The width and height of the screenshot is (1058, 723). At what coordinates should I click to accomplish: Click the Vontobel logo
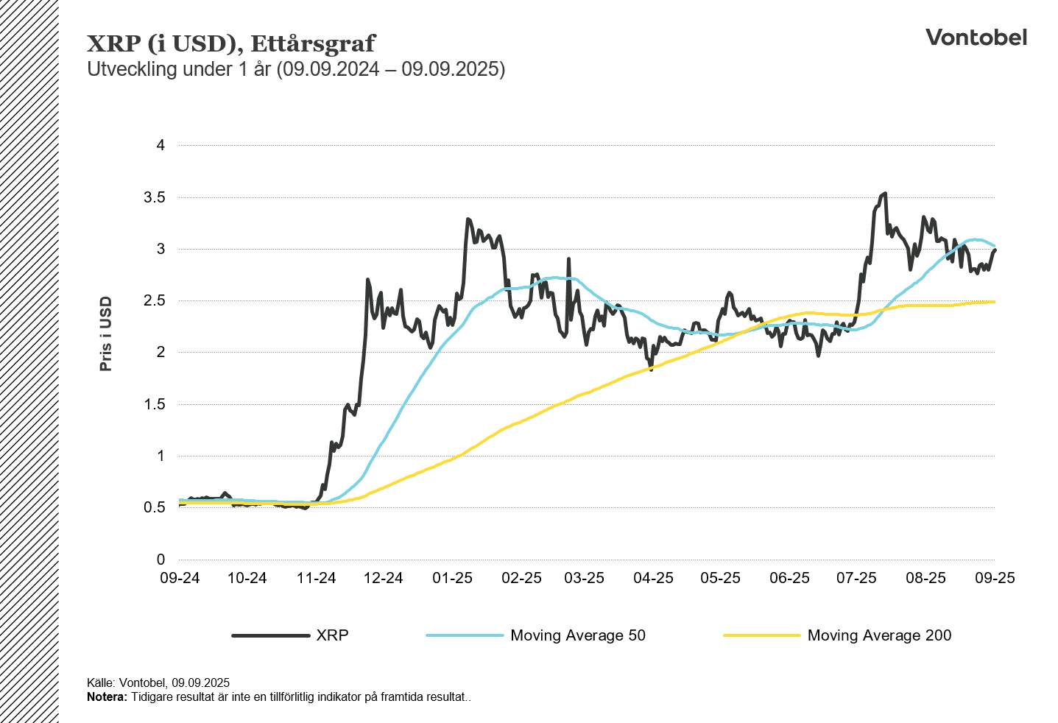(976, 38)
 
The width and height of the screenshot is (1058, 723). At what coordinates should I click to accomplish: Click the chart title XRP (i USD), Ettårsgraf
(231, 43)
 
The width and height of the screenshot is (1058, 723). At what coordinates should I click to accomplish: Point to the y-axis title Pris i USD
(106, 334)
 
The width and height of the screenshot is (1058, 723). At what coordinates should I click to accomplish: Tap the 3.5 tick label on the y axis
(155, 197)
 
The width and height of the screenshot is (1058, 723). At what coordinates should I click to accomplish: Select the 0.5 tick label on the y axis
(155, 507)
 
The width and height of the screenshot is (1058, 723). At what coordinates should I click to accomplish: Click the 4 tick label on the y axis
(161, 146)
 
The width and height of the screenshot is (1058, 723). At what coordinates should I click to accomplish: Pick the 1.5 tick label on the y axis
(155, 404)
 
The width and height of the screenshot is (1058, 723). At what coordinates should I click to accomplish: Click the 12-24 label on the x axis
(384, 578)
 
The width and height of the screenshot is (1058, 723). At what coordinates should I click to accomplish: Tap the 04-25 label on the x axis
(653, 578)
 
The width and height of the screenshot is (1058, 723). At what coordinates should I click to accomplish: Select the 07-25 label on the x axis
(856, 578)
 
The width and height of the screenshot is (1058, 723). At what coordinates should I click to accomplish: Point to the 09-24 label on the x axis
(180, 578)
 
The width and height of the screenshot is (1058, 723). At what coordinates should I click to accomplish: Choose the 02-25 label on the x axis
(521, 578)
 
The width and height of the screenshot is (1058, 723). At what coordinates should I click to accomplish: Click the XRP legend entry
(332, 635)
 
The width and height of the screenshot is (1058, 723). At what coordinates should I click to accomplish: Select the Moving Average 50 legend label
(577, 635)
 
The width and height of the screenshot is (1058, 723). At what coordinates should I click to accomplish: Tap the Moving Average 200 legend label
(879, 635)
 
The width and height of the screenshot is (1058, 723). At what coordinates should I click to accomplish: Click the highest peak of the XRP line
(884, 194)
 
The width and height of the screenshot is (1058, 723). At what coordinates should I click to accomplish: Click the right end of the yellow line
(994, 302)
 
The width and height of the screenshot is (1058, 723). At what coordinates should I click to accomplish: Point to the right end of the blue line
(994, 246)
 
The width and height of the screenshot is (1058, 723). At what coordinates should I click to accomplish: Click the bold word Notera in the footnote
(107, 697)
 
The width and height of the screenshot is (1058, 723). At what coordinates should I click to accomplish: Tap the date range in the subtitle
(391, 69)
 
